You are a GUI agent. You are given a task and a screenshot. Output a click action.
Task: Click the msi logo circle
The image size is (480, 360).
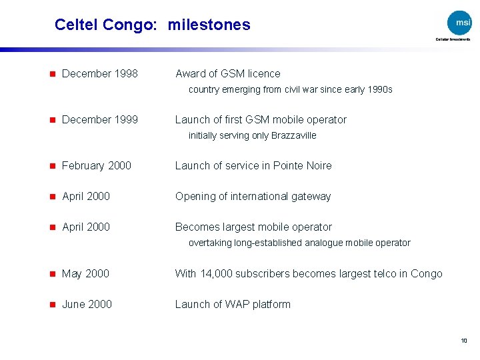coord(459,23)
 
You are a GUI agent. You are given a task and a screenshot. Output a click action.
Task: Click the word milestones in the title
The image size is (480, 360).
coord(209,25)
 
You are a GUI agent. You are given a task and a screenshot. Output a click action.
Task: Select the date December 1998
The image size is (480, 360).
coord(99,73)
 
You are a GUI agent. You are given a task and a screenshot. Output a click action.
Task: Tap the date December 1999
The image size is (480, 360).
coord(99,119)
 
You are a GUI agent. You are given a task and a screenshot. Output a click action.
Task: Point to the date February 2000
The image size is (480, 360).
coord(96,165)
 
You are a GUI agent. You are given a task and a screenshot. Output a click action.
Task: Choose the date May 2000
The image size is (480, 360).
coord(85,273)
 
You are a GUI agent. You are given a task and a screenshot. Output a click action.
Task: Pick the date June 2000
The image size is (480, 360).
coord(87,304)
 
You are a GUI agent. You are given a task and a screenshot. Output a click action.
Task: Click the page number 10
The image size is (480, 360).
coord(463,341)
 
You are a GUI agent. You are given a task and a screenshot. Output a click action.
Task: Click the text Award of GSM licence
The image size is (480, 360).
coord(227,73)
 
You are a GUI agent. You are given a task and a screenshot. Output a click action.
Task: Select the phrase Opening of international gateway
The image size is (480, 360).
coord(253,196)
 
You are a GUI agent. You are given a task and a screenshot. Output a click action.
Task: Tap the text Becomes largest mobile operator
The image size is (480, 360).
coord(253,227)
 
